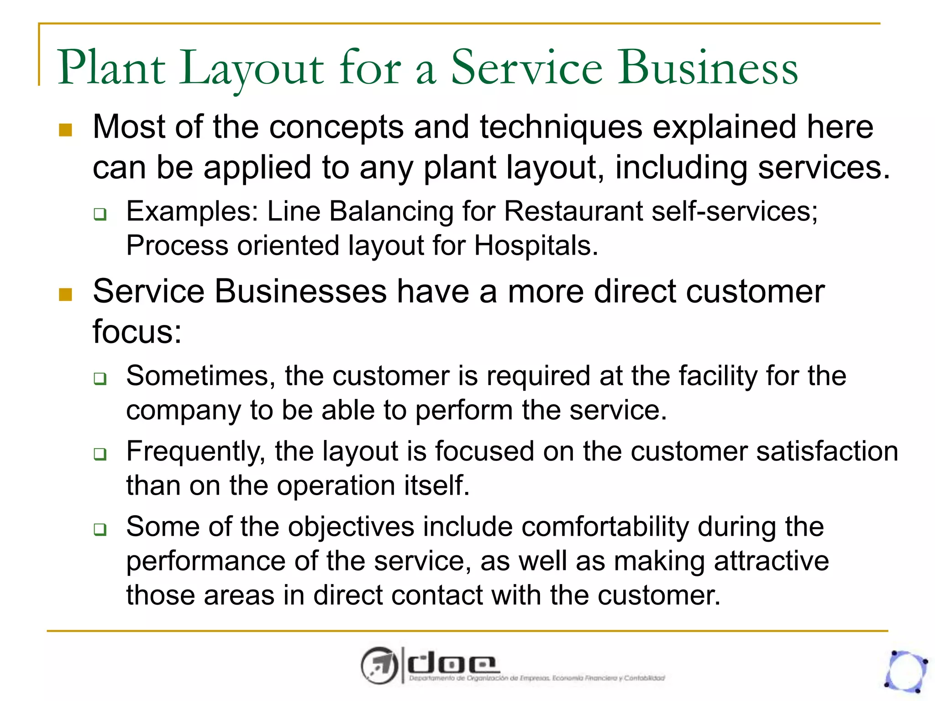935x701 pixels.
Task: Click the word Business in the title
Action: [708, 68]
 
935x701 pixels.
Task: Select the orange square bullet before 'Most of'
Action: [66, 130]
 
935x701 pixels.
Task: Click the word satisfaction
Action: [827, 451]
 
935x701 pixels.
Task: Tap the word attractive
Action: [771, 561]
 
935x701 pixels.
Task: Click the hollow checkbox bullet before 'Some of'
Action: [100, 529]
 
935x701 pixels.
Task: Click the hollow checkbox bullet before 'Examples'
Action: [100, 214]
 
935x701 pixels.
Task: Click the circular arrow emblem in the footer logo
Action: [379, 665]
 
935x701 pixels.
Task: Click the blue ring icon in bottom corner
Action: [906, 671]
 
